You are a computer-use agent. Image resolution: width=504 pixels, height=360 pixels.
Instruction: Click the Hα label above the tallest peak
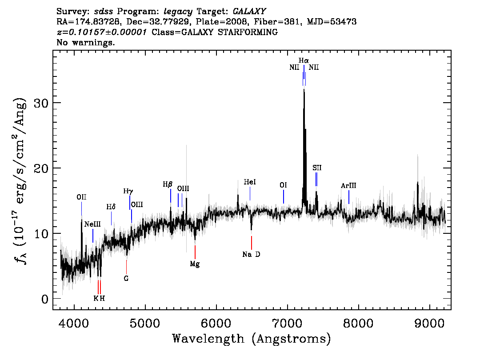pos(304,60)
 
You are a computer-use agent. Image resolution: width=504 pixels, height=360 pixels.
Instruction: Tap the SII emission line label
pos(317,168)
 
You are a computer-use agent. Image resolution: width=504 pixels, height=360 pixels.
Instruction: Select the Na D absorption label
pos(252,255)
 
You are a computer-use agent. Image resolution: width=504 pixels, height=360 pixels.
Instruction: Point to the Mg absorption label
pos(195,264)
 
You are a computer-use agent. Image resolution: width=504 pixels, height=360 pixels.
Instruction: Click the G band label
pos(126,278)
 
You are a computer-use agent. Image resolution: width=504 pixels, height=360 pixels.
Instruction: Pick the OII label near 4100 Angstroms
pos(81,197)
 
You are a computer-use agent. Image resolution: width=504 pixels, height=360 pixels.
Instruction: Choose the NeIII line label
pos(92,224)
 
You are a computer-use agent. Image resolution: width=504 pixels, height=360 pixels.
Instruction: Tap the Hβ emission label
pos(168,184)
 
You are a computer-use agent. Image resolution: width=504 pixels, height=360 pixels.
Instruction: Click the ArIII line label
pos(348,186)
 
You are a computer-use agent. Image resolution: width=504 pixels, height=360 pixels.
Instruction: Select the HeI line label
pos(250,182)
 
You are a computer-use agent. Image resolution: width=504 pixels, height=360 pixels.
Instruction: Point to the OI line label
pos(283,185)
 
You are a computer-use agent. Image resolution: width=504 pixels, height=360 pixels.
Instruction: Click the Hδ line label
pos(111,207)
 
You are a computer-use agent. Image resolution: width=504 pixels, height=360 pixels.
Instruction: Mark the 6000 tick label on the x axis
pos(216,323)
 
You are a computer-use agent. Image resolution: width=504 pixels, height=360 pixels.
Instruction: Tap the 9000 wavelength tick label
pos(429,323)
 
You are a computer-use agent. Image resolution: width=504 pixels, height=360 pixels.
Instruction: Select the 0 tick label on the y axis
pos(45,299)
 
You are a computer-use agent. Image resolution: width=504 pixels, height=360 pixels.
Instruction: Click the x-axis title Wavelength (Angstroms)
pos(252,339)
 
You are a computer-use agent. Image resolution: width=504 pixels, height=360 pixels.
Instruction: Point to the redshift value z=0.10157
pos(102,32)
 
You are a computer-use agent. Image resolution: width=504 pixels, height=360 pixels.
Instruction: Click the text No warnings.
pos(85,42)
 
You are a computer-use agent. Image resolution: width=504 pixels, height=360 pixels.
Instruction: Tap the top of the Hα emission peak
pos(304,89)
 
